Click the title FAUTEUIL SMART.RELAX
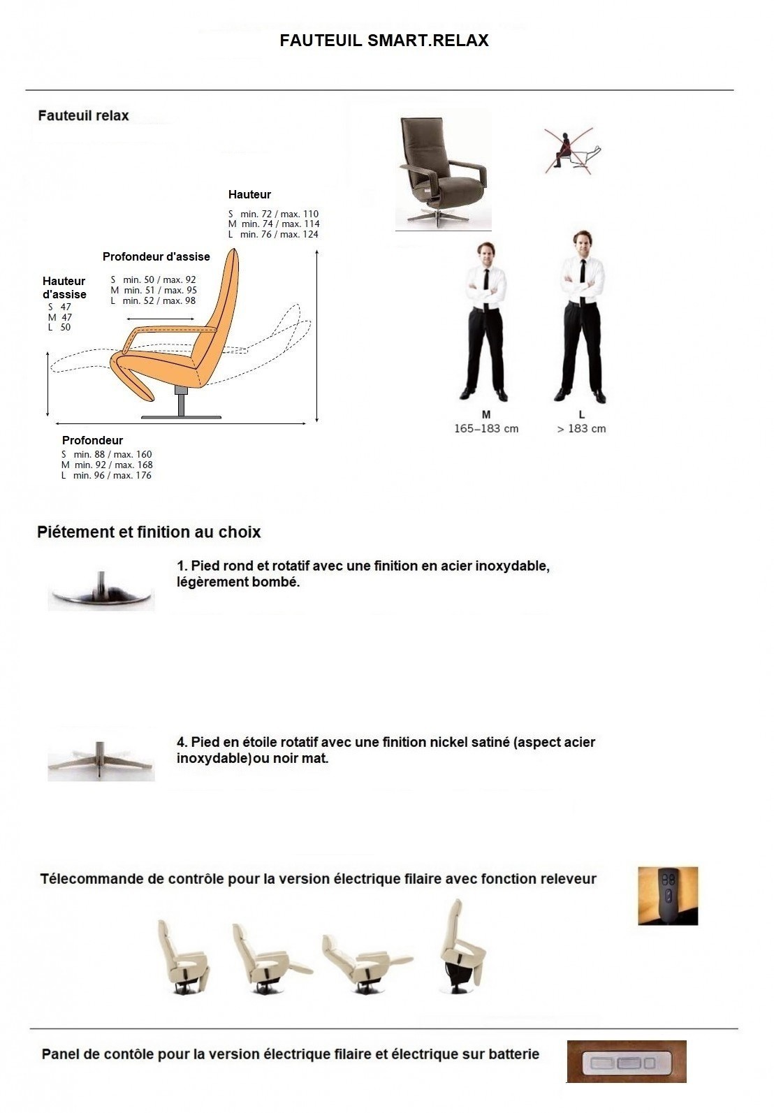[x=384, y=41]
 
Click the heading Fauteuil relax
[x=83, y=116]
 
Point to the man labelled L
[x=581, y=318]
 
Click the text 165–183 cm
[x=486, y=429]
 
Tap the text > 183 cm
[x=581, y=429]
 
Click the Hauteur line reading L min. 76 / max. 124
[x=273, y=235]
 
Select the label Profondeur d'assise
[x=156, y=257]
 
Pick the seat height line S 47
[x=59, y=307]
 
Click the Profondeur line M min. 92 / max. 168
[x=107, y=465]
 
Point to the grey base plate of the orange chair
[x=181, y=417]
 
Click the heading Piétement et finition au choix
[x=149, y=532]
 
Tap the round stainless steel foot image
[x=101, y=592]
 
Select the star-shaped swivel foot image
[x=101, y=761]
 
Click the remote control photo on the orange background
[x=668, y=896]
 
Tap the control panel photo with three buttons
[x=626, y=1062]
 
